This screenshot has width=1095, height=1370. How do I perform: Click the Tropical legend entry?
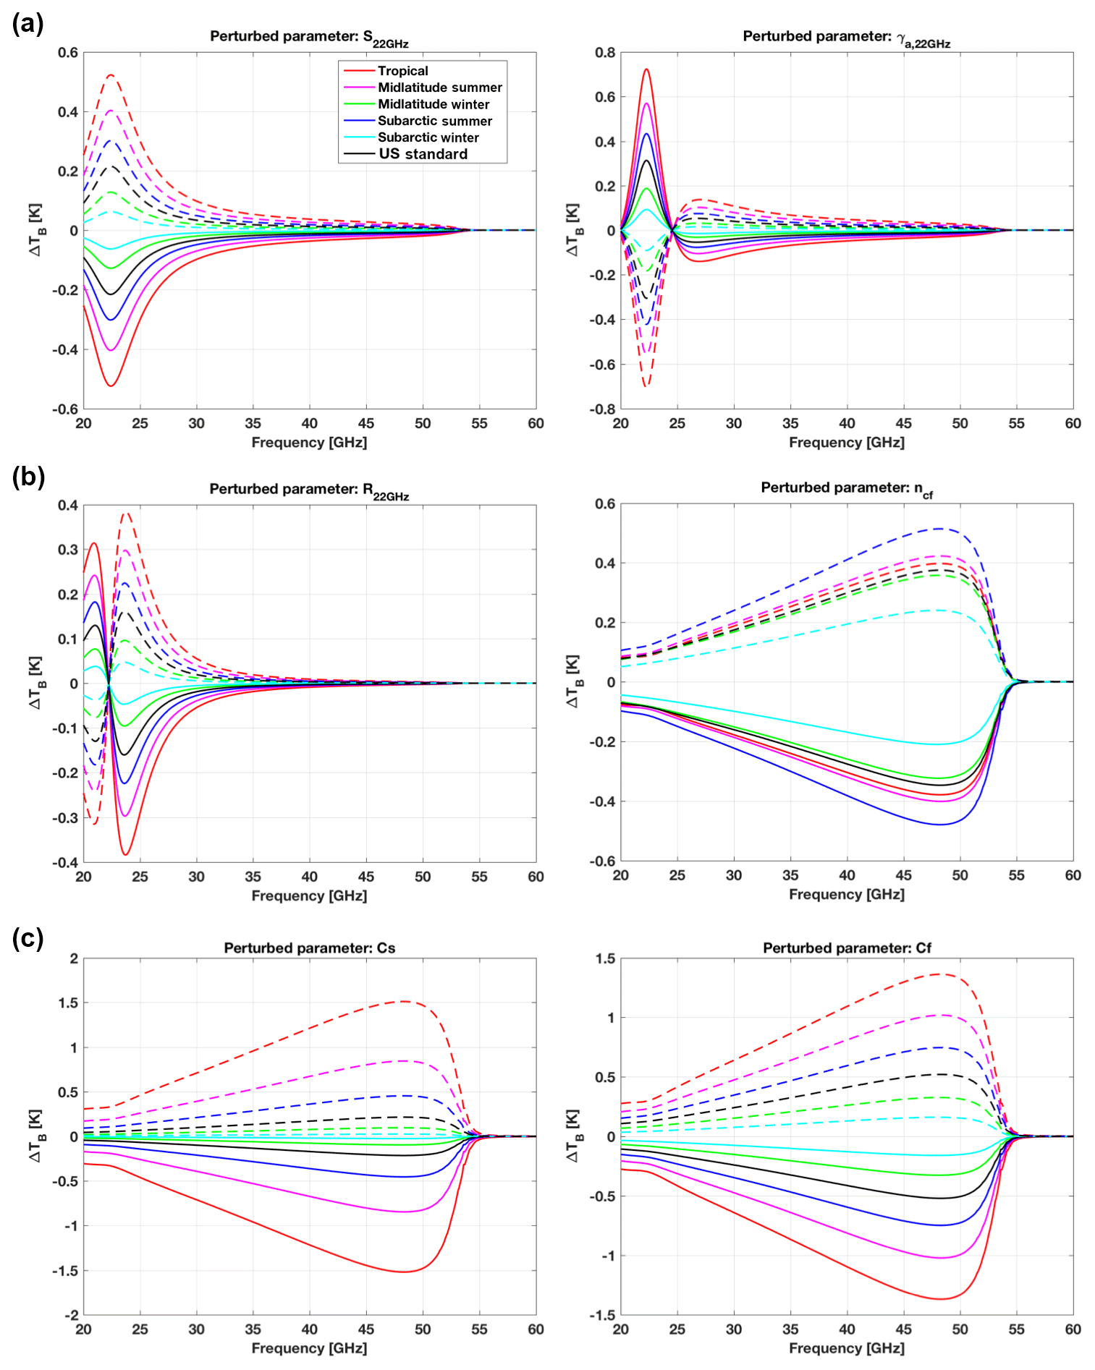(402, 71)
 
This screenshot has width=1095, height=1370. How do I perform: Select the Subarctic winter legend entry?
(428, 137)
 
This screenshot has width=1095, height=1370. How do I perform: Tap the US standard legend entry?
(423, 154)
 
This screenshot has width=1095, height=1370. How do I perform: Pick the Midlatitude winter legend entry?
(433, 104)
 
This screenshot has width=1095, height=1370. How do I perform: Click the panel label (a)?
(28, 24)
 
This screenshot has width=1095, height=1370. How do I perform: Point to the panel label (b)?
(28, 477)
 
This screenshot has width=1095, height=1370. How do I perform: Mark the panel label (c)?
(28, 938)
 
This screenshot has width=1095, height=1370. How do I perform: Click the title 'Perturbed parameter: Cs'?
(309, 948)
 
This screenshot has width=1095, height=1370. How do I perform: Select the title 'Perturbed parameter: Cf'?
(847, 948)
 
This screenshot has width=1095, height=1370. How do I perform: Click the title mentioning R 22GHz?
(309, 490)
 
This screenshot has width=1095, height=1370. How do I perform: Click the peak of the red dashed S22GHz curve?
(111, 75)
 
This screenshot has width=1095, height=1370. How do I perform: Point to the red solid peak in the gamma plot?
(646, 69)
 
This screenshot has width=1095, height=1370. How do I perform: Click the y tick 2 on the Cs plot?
(73, 958)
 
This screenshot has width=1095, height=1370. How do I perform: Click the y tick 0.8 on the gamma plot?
(605, 53)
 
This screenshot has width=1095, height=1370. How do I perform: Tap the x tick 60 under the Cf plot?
(1073, 1329)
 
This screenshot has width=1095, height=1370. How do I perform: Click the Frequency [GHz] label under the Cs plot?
(309, 1348)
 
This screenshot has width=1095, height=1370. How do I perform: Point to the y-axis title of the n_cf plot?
(572, 681)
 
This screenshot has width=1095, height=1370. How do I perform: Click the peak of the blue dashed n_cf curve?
(939, 529)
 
